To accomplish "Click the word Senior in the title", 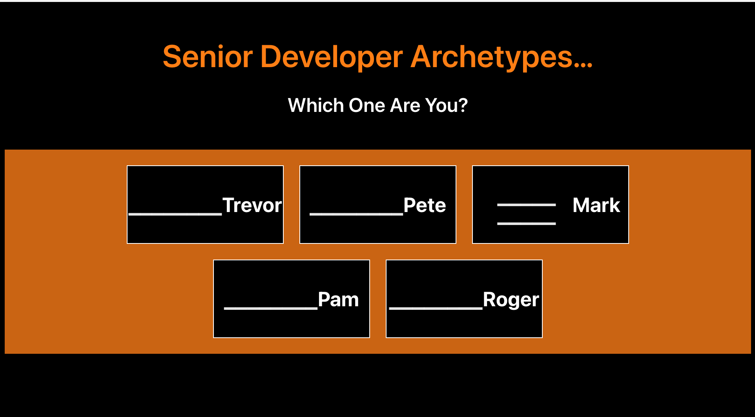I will pos(208,57).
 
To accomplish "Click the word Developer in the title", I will pos(331,57).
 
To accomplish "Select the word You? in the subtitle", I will pos(446,105).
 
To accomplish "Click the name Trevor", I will pos(252,205).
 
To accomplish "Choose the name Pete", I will pos(425,205).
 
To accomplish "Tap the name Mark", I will pos(596,205).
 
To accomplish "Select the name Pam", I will pos(338,300).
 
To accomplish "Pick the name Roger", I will pos(511,300).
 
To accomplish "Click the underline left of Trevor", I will pos(175,214).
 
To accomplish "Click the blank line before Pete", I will pos(356,214).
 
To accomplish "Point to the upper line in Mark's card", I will pos(526,205).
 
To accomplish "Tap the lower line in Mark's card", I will pos(526,223).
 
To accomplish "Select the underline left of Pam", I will pos(270,308).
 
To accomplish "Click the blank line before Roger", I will pos(436,308).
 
